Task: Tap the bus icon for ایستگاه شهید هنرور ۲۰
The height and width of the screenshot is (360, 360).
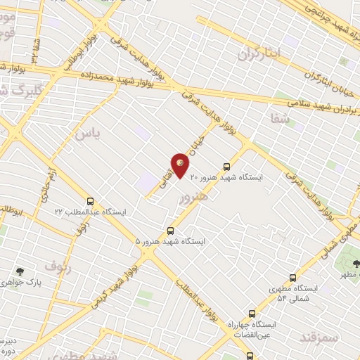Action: [226, 167]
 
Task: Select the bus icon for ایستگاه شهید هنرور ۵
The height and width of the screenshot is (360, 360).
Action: [170, 231]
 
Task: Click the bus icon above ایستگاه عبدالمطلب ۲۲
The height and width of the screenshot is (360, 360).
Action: [89, 200]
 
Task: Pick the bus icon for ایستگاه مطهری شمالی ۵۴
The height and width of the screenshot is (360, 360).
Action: [292, 278]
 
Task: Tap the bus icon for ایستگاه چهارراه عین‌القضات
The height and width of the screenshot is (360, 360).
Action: [252, 314]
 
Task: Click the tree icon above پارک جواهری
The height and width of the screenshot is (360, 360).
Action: [20, 271]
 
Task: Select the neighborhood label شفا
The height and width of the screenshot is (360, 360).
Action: [279, 119]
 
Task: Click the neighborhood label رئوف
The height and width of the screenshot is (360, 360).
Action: [58, 266]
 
